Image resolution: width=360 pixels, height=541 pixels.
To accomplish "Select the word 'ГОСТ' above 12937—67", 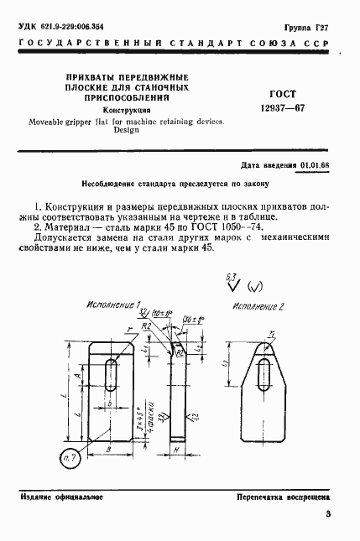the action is tap(284, 93).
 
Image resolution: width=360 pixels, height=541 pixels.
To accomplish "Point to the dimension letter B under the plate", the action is tap(112, 450).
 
